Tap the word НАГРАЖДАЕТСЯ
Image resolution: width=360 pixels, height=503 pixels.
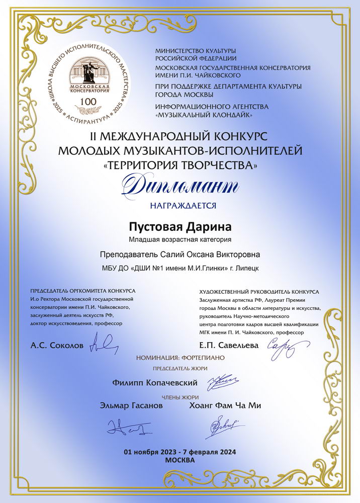[179, 205]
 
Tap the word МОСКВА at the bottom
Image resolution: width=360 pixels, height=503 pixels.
[179, 460]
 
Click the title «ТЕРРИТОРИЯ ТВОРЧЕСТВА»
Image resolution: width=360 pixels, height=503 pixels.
[179, 164]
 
